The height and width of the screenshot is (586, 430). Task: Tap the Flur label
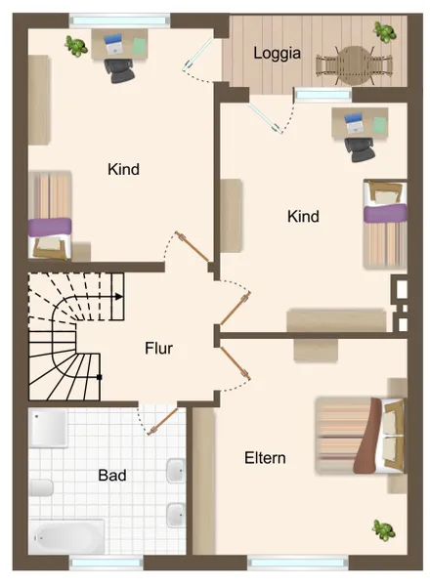159,348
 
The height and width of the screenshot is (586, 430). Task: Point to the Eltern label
265,457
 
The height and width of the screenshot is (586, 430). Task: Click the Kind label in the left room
123,169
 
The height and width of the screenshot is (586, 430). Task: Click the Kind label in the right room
303,216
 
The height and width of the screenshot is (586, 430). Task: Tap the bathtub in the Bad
67,536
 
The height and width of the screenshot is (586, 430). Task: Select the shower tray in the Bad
48,427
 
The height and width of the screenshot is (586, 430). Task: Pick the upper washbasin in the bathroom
177,471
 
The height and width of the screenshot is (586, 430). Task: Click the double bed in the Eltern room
359,437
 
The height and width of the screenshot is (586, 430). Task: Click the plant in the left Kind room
75,44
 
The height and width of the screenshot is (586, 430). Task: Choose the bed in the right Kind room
383,223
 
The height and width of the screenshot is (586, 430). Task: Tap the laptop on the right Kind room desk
354,124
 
